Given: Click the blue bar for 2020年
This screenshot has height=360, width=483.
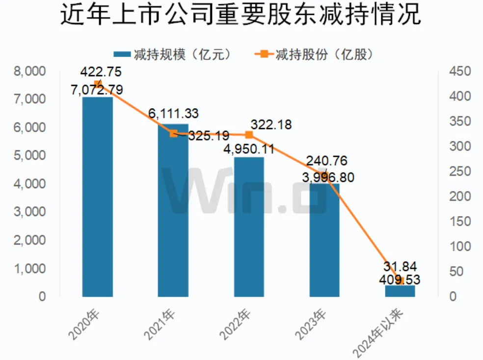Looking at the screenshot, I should tap(97, 196).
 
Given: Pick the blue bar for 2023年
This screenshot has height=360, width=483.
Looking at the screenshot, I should tap(324, 241).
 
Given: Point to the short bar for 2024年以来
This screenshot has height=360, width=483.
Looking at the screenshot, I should tap(400, 291).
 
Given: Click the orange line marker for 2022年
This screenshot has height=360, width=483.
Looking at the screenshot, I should tap(249, 135).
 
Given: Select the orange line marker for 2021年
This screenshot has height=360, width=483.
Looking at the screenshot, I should tap(173, 133).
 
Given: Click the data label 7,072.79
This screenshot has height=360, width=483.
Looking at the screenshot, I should tap(97, 90).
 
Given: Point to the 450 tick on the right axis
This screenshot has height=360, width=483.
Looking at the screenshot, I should tap(460, 72).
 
